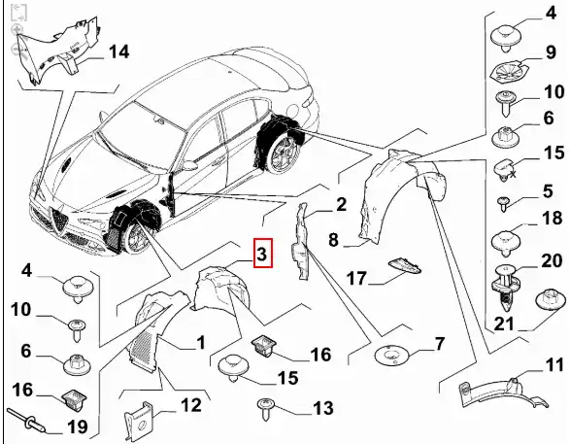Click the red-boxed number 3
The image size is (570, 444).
click(262, 254)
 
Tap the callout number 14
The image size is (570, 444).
click(118, 51)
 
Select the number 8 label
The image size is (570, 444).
click(333, 240)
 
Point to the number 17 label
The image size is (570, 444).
click(356, 278)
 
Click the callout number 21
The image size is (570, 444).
click(503, 324)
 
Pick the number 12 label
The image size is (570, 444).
click(191, 405)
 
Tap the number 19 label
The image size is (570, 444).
click(78, 427)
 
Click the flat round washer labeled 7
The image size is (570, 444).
click(392, 355)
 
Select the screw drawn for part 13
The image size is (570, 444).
click(265, 408)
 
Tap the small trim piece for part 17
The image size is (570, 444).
click(405, 265)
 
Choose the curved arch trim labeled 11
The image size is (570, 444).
click(502, 393)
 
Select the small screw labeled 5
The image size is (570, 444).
click(503, 203)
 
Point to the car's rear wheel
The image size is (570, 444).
click(285, 154)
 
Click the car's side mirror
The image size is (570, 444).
click(188, 165)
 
